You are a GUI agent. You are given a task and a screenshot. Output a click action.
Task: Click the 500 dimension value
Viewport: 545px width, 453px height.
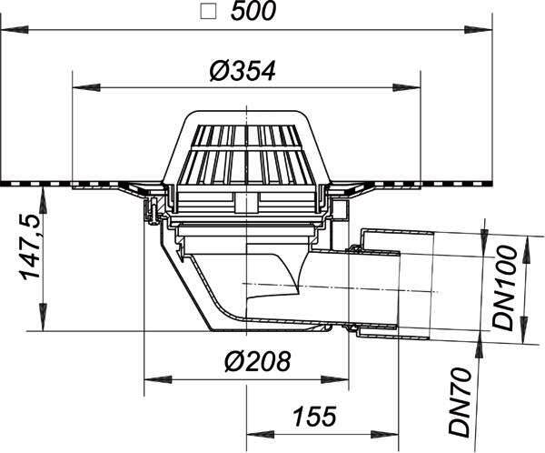(x=253, y=11)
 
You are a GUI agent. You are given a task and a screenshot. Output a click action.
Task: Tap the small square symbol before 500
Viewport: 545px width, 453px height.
(x=209, y=12)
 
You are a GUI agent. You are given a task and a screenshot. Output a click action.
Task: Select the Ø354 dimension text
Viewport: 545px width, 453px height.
(x=243, y=71)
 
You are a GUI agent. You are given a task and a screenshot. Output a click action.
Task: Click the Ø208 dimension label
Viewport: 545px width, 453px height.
(x=257, y=361)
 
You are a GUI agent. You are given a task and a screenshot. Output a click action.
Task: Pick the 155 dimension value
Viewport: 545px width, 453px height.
(x=314, y=416)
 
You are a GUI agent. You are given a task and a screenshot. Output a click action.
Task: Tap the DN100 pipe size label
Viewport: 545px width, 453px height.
(x=505, y=288)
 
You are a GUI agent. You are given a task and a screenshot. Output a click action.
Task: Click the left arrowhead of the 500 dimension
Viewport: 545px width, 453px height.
(x=14, y=30)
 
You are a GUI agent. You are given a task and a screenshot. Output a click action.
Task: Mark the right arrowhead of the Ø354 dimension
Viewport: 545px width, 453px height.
(x=407, y=87)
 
